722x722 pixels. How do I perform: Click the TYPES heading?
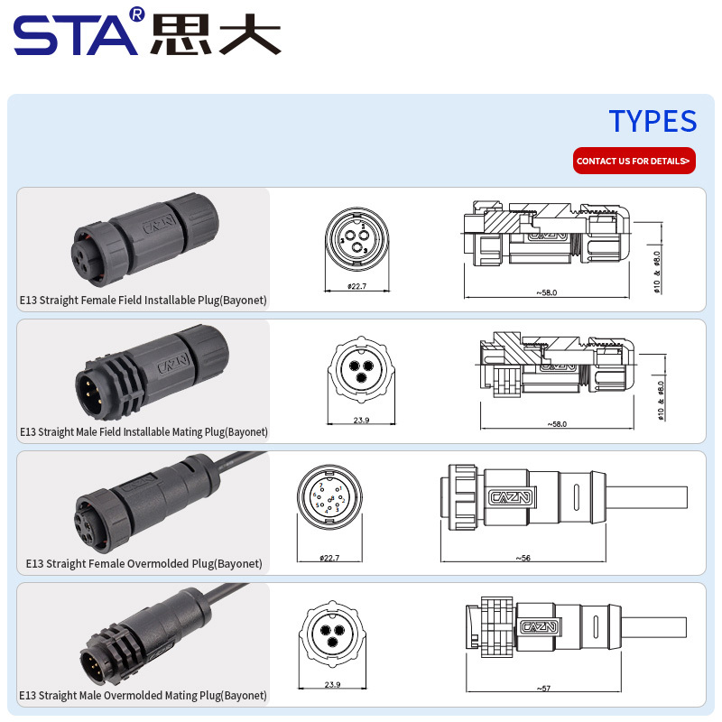(652, 121)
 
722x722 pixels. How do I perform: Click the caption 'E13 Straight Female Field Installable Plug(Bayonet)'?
(143, 300)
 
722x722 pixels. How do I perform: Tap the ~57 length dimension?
(543, 689)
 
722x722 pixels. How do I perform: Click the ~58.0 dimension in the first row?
(546, 292)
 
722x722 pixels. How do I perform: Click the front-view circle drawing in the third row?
(330, 497)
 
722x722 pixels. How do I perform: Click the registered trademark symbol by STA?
(136, 14)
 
